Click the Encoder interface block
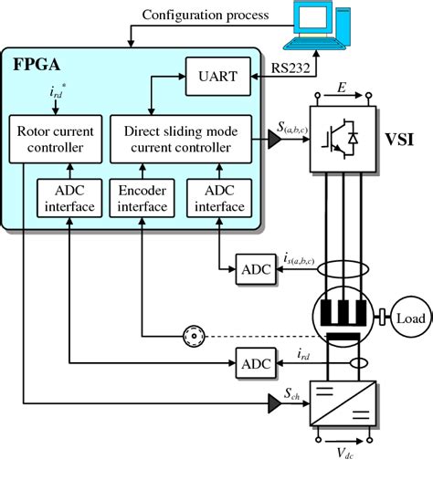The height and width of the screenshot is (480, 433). tap(143, 198)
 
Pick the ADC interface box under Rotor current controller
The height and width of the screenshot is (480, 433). tap(69, 198)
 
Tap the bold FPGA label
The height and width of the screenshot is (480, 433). tap(37, 66)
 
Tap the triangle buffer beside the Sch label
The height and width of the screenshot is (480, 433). tap(273, 401)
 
